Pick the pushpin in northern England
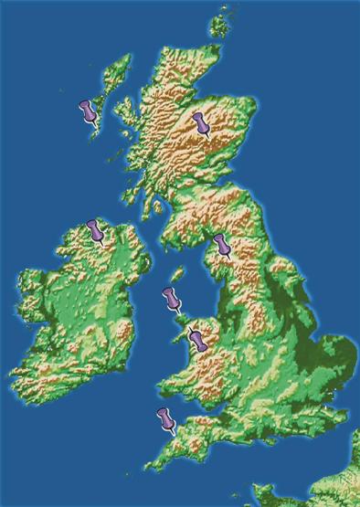[x=221, y=246]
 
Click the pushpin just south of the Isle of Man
[x=170, y=297]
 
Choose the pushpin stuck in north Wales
[x=196, y=340]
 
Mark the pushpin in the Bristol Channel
[x=165, y=419]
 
